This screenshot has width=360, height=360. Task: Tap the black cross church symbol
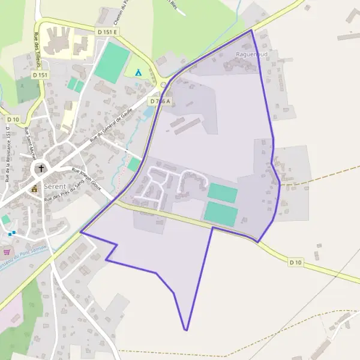coord(41,169)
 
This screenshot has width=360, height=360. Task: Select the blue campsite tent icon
coord(138,73)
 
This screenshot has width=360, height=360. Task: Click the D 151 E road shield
coord(109,30)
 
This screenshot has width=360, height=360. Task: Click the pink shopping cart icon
coord(7,253)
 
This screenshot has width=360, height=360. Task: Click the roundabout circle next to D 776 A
coord(163,85)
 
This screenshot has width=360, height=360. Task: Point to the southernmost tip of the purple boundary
coord(187,330)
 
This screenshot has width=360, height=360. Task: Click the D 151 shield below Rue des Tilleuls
coord(40,75)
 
